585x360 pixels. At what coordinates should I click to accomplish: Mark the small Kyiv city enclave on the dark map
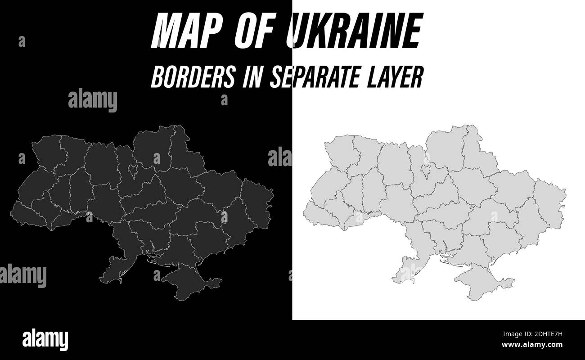tap(133, 171)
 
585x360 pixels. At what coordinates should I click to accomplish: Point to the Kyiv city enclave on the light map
tap(426, 171)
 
